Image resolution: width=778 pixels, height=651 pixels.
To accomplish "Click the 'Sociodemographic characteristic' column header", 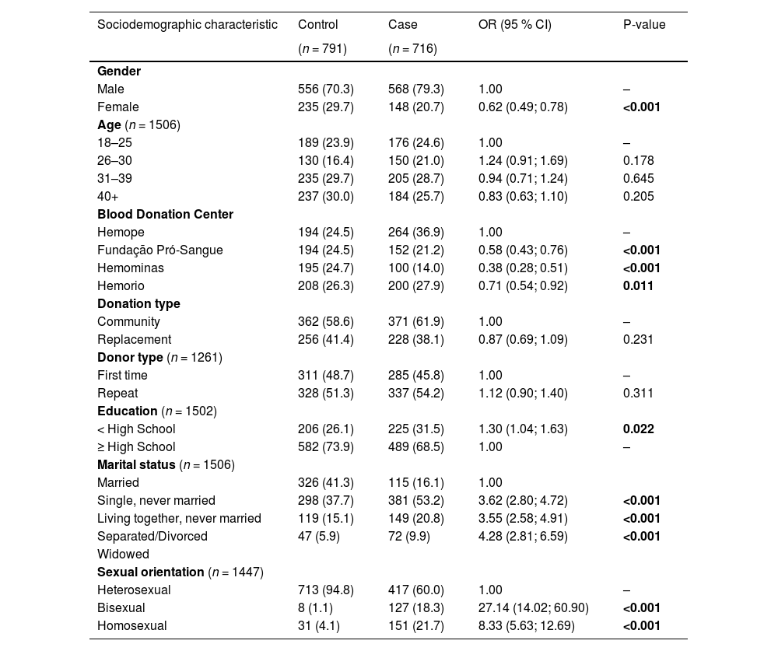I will pyautogui.click(x=187, y=25).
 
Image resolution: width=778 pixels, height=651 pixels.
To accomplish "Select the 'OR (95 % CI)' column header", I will pyautogui.click(x=514, y=25).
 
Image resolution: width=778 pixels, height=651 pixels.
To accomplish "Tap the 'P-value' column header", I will pyautogui.click(x=644, y=25).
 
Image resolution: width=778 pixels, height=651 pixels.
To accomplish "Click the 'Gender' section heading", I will pyautogui.click(x=119, y=71).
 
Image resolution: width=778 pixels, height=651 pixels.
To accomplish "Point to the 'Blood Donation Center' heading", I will pyautogui.click(x=165, y=214).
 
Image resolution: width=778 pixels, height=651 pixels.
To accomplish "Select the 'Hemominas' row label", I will pyautogui.click(x=131, y=268).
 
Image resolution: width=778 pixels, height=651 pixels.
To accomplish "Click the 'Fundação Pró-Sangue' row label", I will pyautogui.click(x=160, y=250).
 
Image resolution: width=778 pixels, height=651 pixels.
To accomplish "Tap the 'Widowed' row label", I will pyautogui.click(x=123, y=554).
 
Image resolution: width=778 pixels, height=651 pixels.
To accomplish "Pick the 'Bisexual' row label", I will pyautogui.click(x=121, y=607).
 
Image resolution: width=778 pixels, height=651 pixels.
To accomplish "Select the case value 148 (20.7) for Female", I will pyautogui.click(x=415, y=107).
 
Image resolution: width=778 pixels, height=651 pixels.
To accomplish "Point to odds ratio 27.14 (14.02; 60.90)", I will pyautogui.click(x=533, y=607).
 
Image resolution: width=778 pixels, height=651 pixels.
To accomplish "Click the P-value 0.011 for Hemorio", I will pyautogui.click(x=638, y=285).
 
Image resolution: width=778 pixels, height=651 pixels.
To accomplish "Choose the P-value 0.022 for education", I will pyautogui.click(x=638, y=429).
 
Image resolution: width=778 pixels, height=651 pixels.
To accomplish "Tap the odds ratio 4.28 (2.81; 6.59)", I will pyautogui.click(x=523, y=536).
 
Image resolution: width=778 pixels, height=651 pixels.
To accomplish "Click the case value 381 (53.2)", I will pyautogui.click(x=415, y=500).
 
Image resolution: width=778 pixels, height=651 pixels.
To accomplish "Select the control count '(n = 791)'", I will pyautogui.click(x=322, y=48).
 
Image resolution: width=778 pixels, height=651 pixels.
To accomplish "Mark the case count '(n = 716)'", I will pyautogui.click(x=412, y=48).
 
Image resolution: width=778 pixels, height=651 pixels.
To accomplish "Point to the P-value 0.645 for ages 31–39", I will pyautogui.click(x=638, y=178).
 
